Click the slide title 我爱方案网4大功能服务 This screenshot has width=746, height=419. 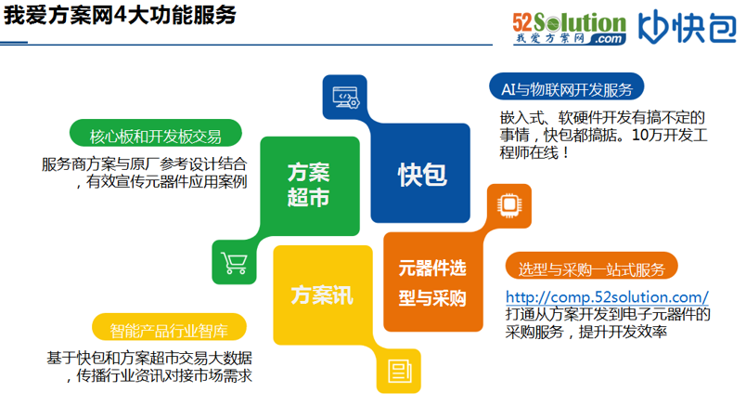(x=119, y=18)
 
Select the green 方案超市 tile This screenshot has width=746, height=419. (x=309, y=186)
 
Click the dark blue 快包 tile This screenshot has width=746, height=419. (x=422, y=173)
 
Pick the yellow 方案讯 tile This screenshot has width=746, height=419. (x=321, y=295)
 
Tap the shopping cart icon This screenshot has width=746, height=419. (x=234, y=264)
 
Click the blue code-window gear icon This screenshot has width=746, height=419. (x=345, y=95)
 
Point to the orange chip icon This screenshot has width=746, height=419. (x=509, y=204)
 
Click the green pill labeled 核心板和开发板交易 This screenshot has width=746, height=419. (x=156, y=137)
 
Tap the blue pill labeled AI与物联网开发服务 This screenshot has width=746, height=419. (x=566, y=89)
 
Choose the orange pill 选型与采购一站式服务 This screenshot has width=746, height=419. (x=591, y=269)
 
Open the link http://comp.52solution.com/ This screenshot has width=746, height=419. (x=608, y=296)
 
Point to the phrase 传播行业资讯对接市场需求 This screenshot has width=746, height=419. (x=163, y=375)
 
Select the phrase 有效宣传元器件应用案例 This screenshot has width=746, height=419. (x=166, y=182)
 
